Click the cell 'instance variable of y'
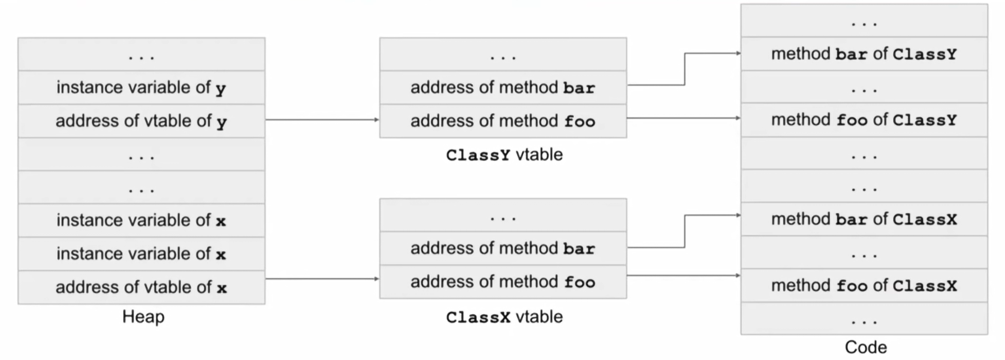(x=142, y=87)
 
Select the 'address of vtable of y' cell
(x=142, y=121)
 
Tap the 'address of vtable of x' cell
(x=142, y=287)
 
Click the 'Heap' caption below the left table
(x=143, y=317)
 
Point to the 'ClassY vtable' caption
(x=504, y=155)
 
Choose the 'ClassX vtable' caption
(x=504, y=317)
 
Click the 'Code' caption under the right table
(x=866, y=347)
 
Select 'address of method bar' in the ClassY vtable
(x=503, y=87)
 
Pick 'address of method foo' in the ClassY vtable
(x=503, y=121)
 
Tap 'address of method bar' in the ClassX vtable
(x=503, y=248)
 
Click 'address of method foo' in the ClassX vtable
(x=503, y=282)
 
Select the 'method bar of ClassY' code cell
(x=864, y=54)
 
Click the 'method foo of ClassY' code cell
(x=864, y=120)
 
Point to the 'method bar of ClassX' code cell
(x=864, y=219)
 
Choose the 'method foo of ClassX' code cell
(x=864, y=285)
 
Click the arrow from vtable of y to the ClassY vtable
(x=322, y=119)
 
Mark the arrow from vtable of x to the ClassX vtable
(x=322, y=279)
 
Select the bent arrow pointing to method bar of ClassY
(x=685, y=69)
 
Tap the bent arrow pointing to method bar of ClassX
(x=685, y=231)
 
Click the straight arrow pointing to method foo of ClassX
(x=684, y=275)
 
